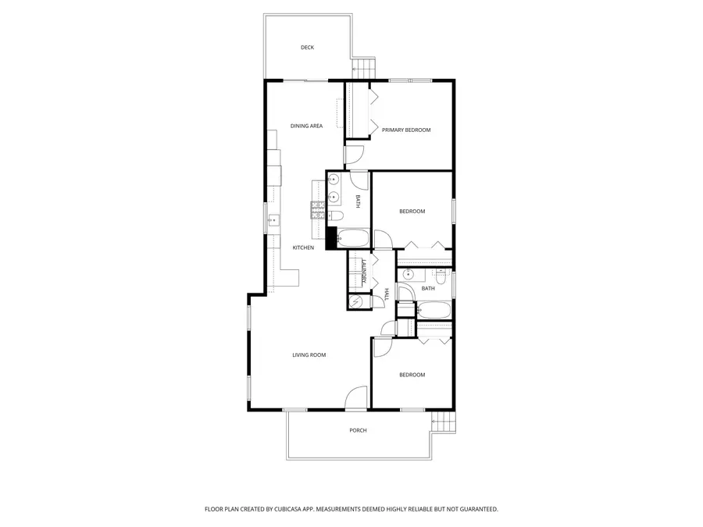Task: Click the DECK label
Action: click(307, 48)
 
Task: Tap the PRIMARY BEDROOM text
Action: click(406, 130)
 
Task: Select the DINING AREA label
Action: click(306, 126)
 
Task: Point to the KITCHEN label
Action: click(303, 248)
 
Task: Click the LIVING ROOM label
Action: click(309, 355)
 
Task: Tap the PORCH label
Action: click(358, 430)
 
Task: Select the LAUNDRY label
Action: click(364, 271)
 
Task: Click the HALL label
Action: click(386, 294)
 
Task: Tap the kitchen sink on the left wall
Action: click(273, 220)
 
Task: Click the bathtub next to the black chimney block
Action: click(353, 238)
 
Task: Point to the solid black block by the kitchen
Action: click(330, 237)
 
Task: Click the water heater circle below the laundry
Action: click(356, 301)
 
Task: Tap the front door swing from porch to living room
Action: click(355, 398)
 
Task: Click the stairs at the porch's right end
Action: click(444, 422)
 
